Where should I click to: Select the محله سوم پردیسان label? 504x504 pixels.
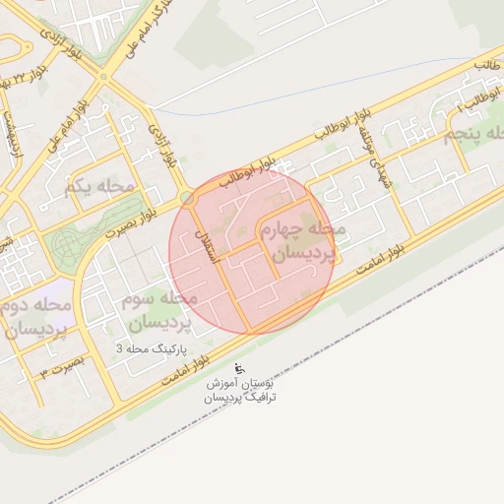159,309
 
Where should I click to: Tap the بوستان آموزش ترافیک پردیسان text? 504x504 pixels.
240,390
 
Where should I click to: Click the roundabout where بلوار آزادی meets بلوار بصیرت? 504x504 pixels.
187,198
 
